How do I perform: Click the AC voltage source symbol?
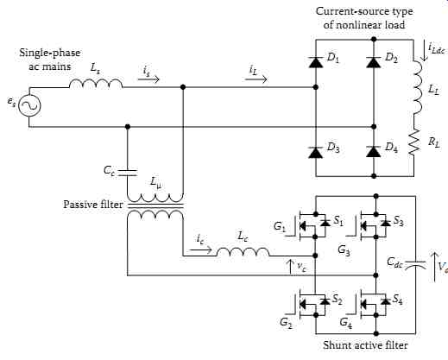(x=29, y=105)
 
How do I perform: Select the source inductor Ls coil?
(x=96, y=84)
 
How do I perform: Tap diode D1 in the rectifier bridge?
(x=316, y=62)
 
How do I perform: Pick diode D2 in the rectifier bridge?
(x=374, y=62)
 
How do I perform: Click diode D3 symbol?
(x=316, y=152)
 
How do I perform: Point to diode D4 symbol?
(x=374, y=152)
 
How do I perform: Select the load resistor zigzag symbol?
(x=413, y=142)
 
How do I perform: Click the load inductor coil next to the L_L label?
(x=417, y=87)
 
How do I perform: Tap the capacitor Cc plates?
(x=128, y=173)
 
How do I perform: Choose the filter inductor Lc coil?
(x=243, y=251)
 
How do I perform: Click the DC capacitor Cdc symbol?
(x=415, y=264)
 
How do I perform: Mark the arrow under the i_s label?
(x=148, y=79)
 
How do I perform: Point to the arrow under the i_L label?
(x=256, y=79)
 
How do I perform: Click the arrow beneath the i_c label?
(x=201, y=249)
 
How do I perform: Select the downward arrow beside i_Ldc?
(x=424, y=51)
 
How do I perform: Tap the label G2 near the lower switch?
(x=286, y=322)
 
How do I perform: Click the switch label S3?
(x=399, y=221)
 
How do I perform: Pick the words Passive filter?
(x=93, y=205)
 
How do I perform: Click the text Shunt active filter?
(x=365, y=345)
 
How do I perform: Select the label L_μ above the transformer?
(x=156, y=183)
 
